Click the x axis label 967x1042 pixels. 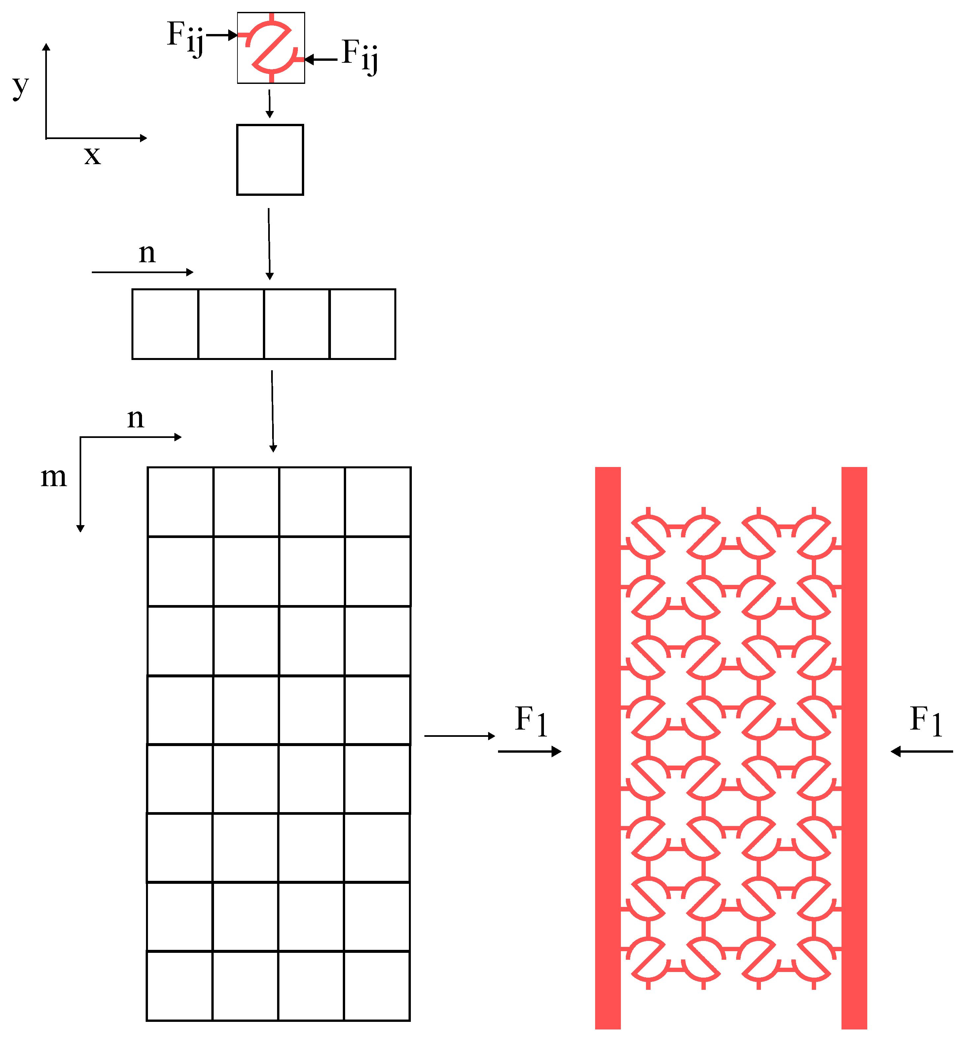point(92,156)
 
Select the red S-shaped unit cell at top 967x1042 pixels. point(271,48)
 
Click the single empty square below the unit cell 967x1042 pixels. point(270,160)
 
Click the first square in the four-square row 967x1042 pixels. point(165,324)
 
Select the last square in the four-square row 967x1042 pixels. point(363,324)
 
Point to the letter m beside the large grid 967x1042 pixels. point(54,477)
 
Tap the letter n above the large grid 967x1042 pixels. point(135,418)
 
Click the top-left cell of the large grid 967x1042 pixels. point(181,501)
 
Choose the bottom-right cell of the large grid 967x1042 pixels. point(377,986)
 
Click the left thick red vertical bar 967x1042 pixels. point(608,748)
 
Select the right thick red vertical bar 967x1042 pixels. point(854,748)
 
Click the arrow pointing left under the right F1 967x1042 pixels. point(921,752)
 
